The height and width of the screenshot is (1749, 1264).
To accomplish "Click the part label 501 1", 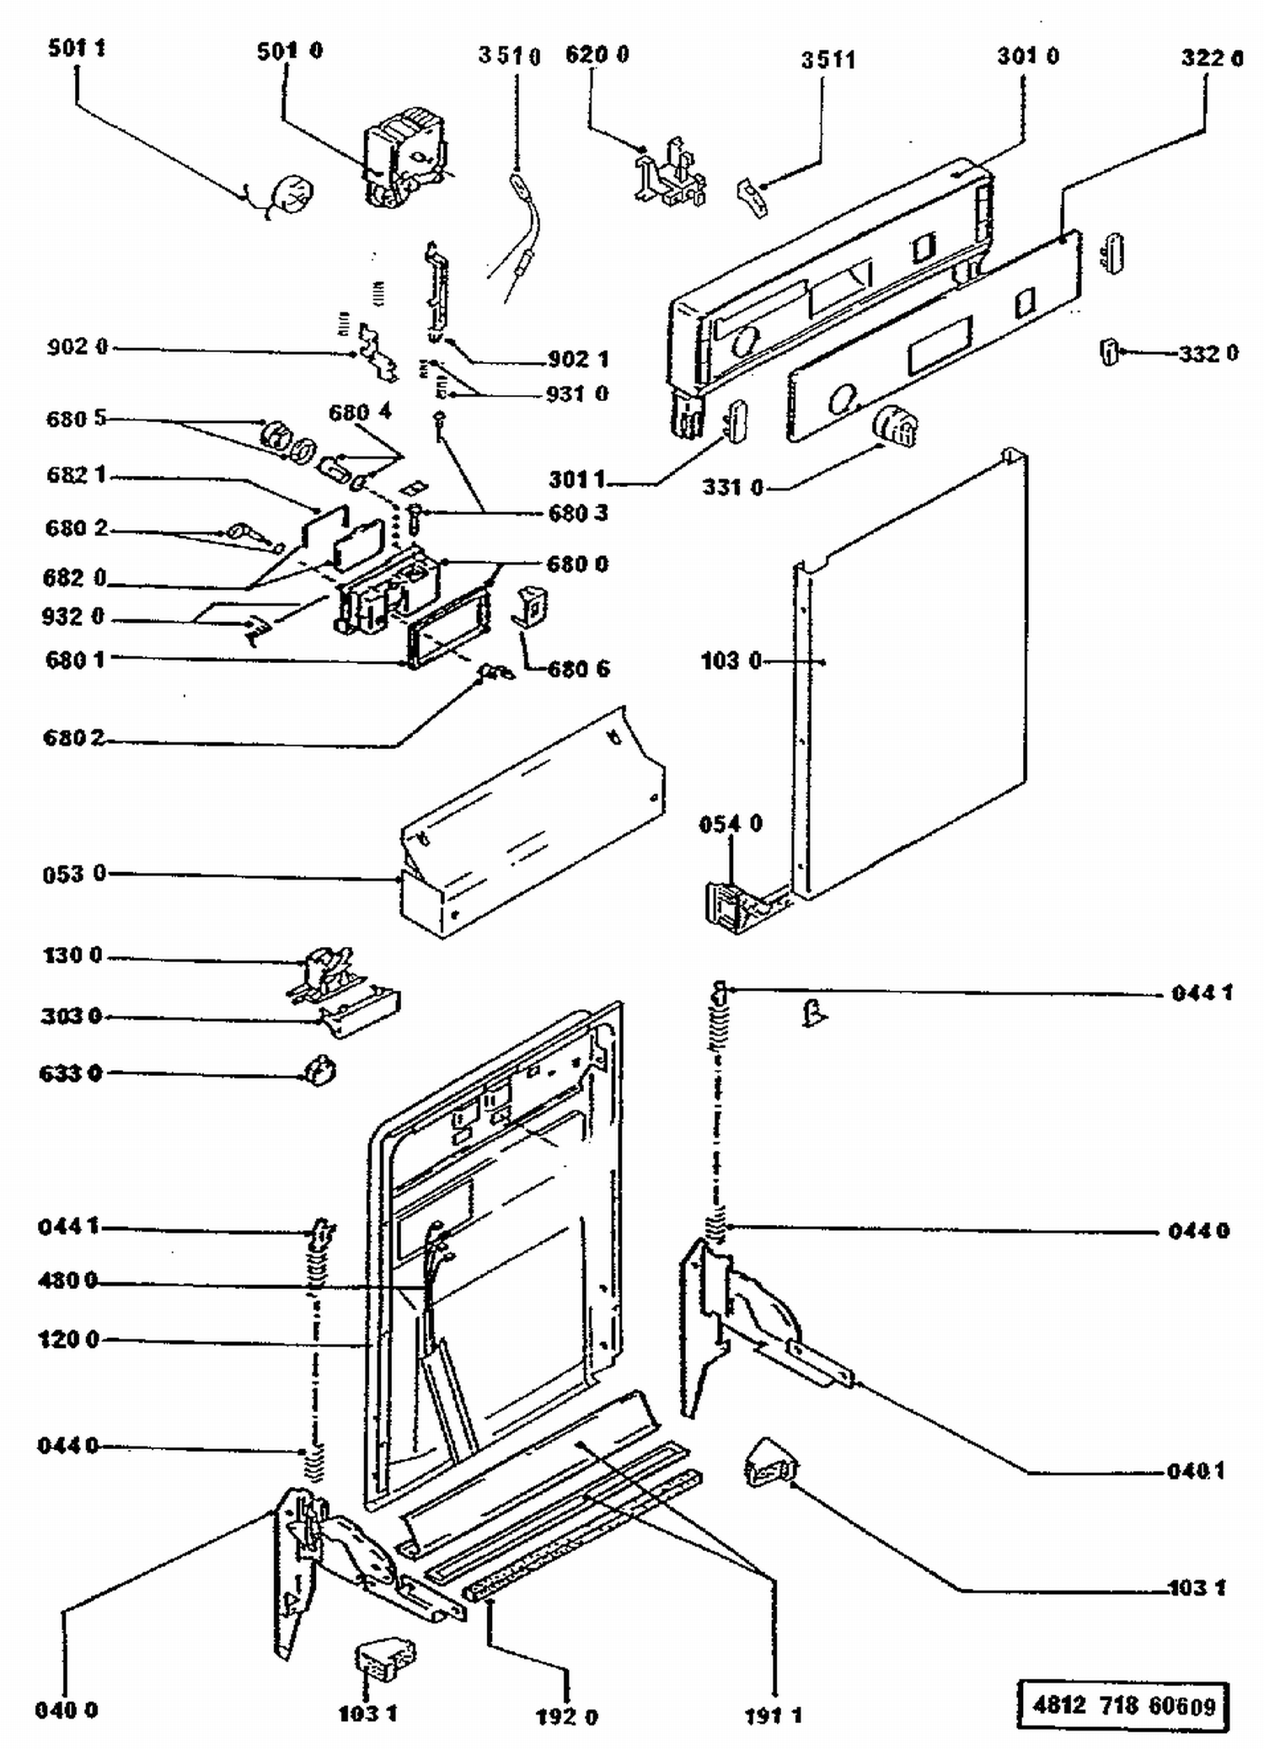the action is (x=77, y=48).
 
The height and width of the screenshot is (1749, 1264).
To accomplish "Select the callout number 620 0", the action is (x=597, y=55).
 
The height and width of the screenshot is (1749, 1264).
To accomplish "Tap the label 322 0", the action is (x=1212, y=57).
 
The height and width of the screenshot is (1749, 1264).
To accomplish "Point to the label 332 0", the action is (x=1208, y=354).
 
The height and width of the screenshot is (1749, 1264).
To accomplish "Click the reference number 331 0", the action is (x=732, y=487).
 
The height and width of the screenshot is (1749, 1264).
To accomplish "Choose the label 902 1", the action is (x=578, y=360).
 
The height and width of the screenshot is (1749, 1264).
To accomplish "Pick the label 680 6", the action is (x=579, y=670).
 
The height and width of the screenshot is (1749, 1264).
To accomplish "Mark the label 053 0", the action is (x=74, y=874).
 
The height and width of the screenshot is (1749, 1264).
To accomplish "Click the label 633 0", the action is (x=70, y=1073).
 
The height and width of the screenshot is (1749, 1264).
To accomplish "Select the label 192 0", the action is (x=566, y=1717).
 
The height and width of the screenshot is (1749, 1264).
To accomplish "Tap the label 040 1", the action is (x=1196, y=1472).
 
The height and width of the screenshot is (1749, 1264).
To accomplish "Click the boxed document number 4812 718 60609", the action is (x=1124, y=1706).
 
